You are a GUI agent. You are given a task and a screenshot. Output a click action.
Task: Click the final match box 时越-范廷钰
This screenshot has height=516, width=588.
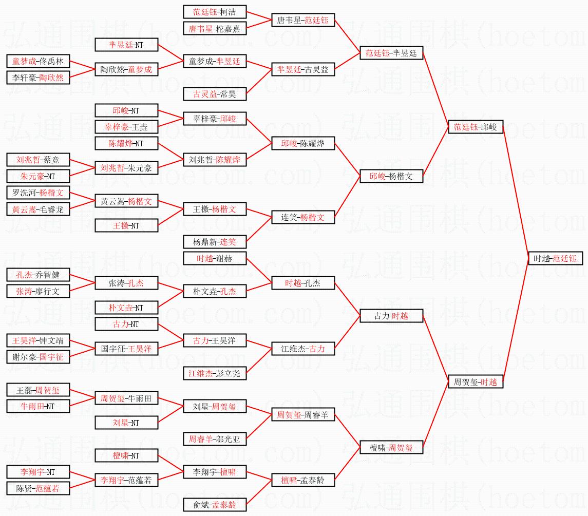[x=555, y=258]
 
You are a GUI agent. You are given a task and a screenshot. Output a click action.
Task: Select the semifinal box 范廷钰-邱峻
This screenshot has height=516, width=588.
[x=476, y=127]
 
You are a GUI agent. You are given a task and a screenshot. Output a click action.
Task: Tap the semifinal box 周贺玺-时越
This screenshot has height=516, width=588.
[x=476, y=382]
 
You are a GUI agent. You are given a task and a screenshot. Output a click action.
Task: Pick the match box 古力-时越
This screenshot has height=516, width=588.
[x=391, y=316]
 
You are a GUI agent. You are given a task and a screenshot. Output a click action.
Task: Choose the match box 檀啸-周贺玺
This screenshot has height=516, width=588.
[x=391, y=447]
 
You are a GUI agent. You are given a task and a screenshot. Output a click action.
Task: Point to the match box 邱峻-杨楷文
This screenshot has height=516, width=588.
[x=391, y=176]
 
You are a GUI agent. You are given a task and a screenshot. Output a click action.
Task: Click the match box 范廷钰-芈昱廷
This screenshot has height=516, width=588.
[x=391, y=53]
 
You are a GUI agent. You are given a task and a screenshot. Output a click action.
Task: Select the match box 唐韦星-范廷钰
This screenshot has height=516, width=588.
[x=303, y=20]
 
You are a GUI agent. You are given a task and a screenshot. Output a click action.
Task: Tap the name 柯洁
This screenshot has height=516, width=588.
[x=228, y=12]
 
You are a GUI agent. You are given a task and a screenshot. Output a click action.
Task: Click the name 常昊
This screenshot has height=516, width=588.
[x=228, y=94]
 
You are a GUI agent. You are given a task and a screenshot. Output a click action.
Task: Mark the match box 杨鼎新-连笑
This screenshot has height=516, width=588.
[x=215, y=242]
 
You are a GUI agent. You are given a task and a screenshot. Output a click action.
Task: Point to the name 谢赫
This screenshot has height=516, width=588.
[x=223, y=258]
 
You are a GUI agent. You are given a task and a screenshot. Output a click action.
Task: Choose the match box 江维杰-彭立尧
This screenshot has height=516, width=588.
[x=215, y=373]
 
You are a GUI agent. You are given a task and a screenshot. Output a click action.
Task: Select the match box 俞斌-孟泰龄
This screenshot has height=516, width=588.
[x=215, y=505]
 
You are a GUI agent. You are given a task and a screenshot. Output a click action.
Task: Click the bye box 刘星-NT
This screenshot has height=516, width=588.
[x=126, y=423]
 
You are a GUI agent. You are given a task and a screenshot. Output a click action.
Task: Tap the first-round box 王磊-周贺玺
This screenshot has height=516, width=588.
[x=38, y=390]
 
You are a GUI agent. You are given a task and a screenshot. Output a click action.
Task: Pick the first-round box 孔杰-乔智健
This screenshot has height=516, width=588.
[x=38, y=275]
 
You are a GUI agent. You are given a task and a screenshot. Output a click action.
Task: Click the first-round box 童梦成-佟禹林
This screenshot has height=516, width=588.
[x=38, y=61]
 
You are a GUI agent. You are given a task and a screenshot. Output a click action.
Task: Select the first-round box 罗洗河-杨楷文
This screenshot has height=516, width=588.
[x=38, y=193]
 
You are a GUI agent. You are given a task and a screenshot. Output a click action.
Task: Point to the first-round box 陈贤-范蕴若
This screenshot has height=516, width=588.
[x=38, y=488]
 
